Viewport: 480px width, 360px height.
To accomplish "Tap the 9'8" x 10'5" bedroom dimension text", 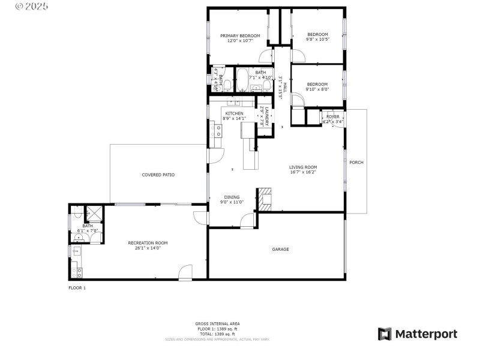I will coord(317,40).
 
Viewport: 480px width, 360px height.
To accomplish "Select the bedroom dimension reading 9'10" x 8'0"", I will coord(317,89).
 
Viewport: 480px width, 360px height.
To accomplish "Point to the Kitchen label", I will coord(234,113).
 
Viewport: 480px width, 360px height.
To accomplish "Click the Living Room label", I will coord(303,167).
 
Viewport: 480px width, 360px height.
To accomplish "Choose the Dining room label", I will coord(232,197).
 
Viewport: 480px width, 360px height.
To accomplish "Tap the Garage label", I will coord(280,249).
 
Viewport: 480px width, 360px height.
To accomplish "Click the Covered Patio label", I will coord(158,175).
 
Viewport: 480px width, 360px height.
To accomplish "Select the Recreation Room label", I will coord(148,242).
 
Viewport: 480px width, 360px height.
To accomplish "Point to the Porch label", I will coord(356,162).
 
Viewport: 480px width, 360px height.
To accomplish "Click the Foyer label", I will coord(333,116).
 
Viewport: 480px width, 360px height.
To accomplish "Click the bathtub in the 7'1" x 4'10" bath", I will coord(242,79).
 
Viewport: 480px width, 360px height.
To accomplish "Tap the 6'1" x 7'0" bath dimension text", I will coord(88,230).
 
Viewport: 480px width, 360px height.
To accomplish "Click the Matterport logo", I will coord(418,334).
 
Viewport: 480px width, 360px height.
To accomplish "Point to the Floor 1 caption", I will coord(77,288).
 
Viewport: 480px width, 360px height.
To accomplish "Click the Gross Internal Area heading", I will coord(218,323).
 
